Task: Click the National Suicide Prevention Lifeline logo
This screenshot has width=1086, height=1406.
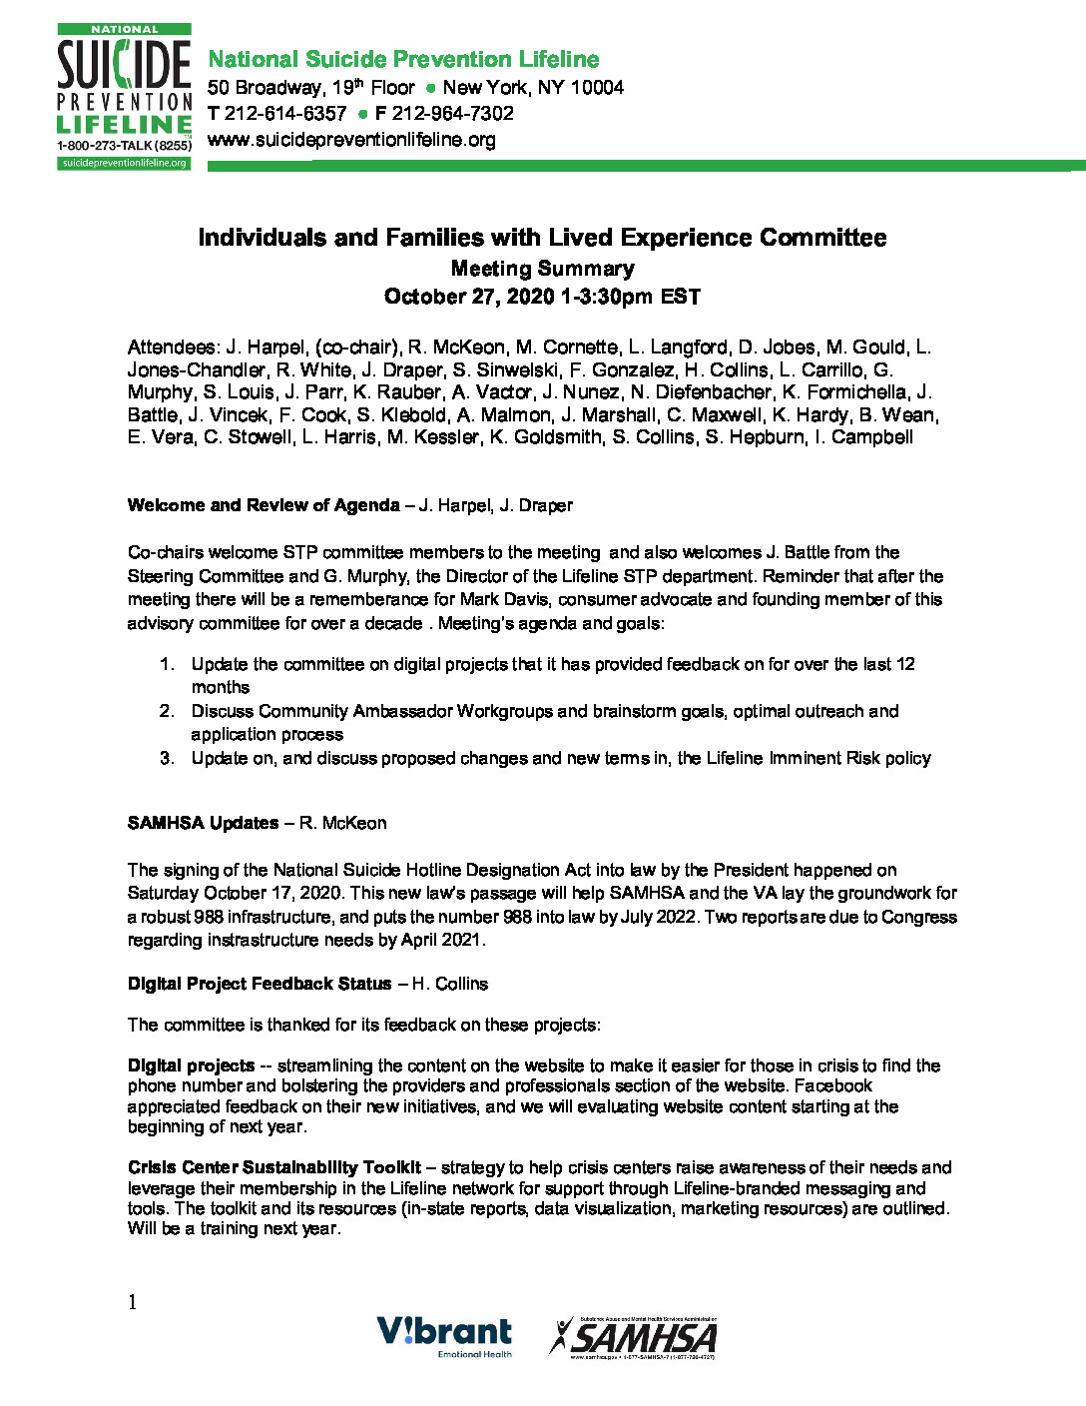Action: click(124, 97)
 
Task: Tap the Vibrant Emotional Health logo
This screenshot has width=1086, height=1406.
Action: click(444, 1336)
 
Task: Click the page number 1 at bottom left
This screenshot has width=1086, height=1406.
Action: click(132, 1301)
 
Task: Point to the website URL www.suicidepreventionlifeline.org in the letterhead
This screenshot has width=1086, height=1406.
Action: click(351, 140)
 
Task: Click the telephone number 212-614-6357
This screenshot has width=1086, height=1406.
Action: click(285, 114)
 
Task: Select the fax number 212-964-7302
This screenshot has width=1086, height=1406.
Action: click(452, 114)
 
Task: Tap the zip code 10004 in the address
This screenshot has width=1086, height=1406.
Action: click(597, 88)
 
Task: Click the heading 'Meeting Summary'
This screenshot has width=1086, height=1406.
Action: click(542, 269)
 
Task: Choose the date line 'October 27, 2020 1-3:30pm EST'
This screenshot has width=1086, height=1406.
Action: click(542, 297)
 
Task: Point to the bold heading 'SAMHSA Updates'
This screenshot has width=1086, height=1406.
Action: click(203, 823)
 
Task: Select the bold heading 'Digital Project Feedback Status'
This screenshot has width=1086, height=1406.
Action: click(260, 984)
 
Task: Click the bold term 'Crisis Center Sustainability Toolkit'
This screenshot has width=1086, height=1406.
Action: click(274, 1167)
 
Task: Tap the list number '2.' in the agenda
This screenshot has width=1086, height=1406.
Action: click(167, 711)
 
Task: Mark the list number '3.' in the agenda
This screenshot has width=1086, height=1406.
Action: click(167, 758)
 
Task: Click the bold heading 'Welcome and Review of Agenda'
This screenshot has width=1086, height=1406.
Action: click(264, 505)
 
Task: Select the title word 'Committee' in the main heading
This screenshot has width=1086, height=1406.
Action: click(822, 238)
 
